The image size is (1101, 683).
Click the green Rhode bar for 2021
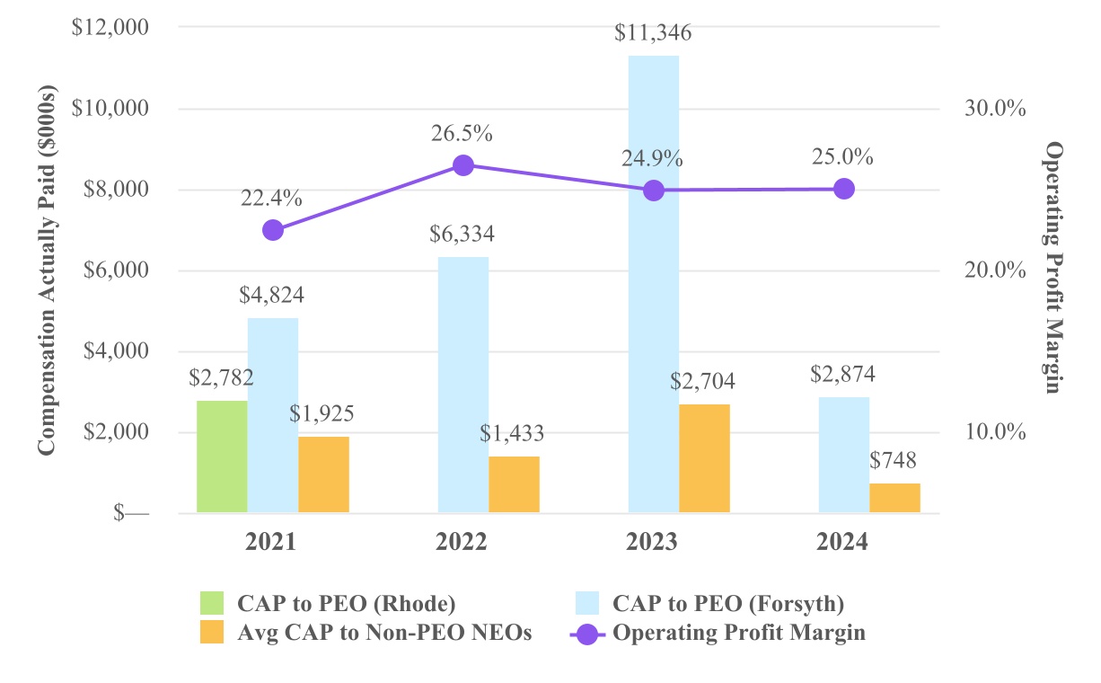click(222, 457)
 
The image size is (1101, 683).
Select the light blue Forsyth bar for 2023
click(653, 284)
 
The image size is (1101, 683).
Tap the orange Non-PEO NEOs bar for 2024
click(894, 498)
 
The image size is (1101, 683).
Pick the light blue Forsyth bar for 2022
click(463, 385)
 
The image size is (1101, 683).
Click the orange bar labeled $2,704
click(704, 458)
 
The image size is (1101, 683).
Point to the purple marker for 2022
click(463, 165)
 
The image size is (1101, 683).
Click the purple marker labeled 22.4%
click(273, 230)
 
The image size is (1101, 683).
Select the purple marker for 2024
click(843, 189)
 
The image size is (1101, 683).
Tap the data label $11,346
click(653, 34)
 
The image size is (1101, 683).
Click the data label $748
click(894, 461)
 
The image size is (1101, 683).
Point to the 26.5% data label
click(461, 134)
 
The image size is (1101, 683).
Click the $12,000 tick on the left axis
click(110, 28)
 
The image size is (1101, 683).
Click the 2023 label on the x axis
click(653, 543)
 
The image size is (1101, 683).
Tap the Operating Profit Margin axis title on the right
click(1053, 268)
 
